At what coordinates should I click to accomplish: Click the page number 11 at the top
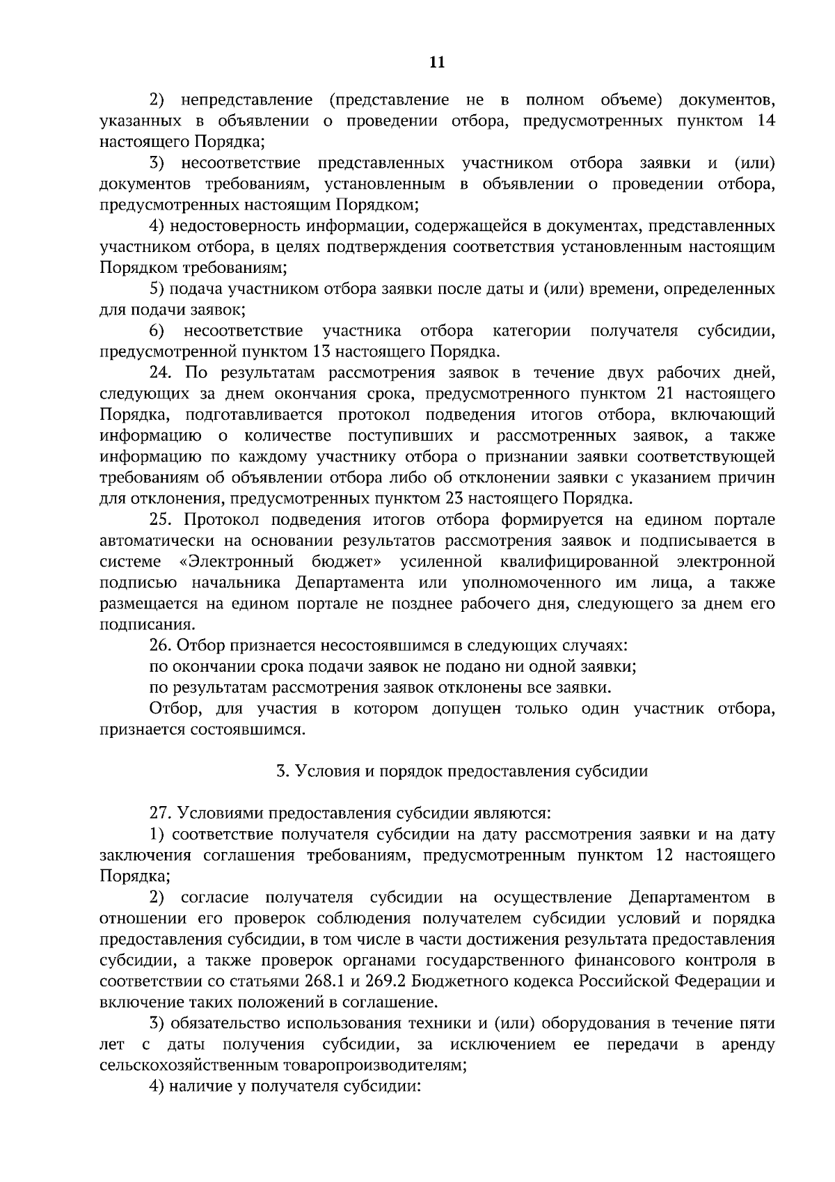[437, 63]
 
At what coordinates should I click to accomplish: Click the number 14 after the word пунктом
[765, 121]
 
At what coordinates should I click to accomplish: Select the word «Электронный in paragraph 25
[235, 561]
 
